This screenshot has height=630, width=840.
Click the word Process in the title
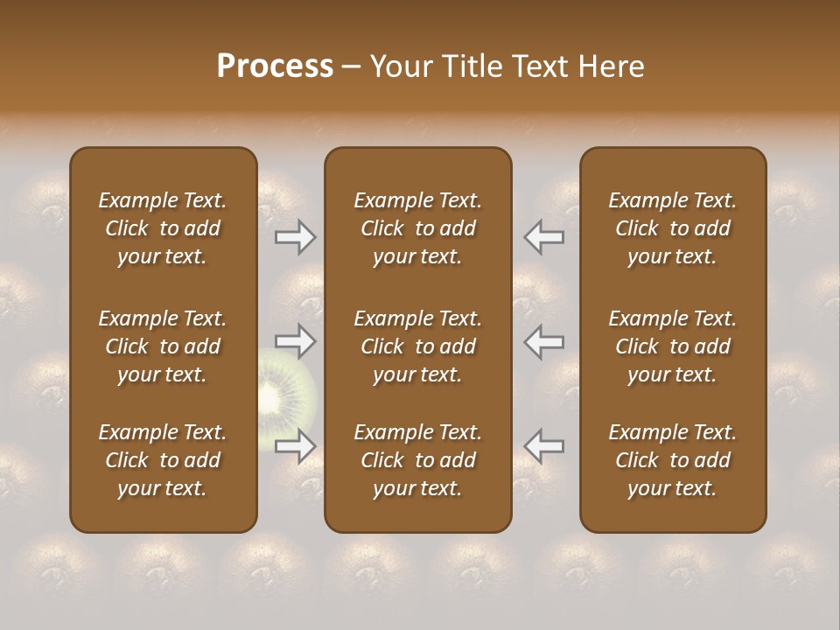click(275, 66)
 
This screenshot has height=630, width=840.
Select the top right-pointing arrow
click(295, 237)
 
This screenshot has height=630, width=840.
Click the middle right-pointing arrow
click(295, 341)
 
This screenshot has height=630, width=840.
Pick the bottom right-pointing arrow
click(295, 446)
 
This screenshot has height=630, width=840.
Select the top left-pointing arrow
click(544, 237)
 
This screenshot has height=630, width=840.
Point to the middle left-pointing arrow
click(544, 341)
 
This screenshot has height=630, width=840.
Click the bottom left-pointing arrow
click(544, 446)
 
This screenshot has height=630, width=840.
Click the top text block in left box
click(163, 228)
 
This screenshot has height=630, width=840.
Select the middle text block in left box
click(163, 346)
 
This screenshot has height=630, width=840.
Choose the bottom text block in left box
click(163, 460)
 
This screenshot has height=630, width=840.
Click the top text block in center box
click(417, 228)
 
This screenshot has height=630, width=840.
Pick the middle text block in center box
click(417, 346)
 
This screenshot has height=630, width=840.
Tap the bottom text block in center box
click(417, 460)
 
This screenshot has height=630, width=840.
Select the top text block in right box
click(672, 228)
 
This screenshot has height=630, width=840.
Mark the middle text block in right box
click(672, 346)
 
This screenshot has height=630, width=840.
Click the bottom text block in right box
click(672, 460)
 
